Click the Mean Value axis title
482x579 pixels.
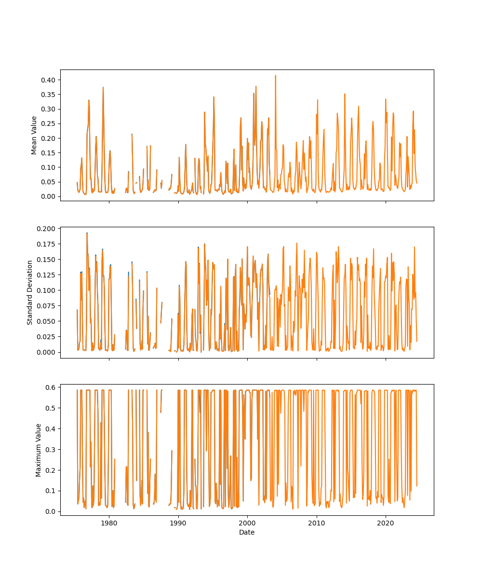(34, 135)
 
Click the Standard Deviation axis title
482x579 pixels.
(30, 292)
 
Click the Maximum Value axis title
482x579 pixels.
(39, 450)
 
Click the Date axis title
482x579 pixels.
(247, 532)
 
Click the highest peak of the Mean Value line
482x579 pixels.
(275, 75)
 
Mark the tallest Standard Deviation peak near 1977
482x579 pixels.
(87, 233)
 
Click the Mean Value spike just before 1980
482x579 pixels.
(103, 87)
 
